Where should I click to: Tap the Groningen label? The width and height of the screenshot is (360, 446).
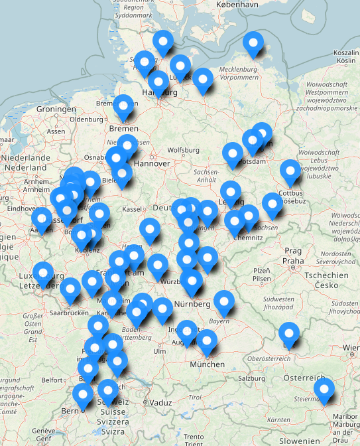[x=56, y=109]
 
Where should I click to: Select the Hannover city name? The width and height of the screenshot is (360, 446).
[x=152, y=163]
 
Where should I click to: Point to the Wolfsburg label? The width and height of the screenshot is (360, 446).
[x=184, y=150]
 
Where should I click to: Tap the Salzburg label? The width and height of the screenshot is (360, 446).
[x=251, y=378]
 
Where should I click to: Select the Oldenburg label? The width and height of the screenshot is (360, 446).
[x=87, y=119]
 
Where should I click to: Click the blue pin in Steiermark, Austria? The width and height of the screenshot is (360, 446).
[x=324, y=389]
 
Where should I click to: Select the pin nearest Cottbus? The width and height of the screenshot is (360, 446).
[x=290, y=171]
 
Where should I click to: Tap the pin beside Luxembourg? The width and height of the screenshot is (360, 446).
[x=43, y=272]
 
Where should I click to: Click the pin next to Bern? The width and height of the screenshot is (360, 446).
[x=83, y=395]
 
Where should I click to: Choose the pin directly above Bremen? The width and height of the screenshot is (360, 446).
[x=123, y=106]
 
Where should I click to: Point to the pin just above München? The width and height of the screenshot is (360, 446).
[x=208, y=340]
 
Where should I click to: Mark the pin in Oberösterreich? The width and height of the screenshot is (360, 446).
[x=289, y=333]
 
